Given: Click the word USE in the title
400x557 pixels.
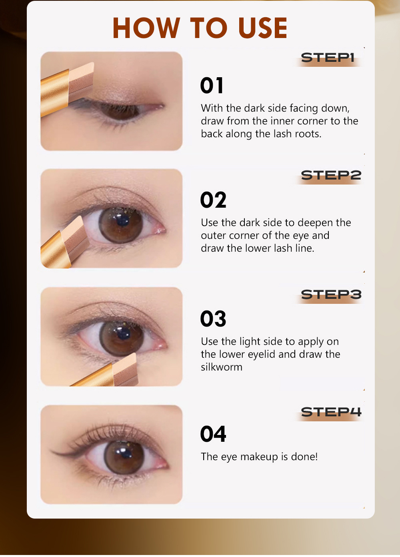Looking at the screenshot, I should click(262, 28).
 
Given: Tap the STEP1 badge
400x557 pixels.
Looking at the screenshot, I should click(328, 58).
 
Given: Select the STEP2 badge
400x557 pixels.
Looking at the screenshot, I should click(331, 175).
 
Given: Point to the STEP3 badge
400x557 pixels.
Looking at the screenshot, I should click(331, 295).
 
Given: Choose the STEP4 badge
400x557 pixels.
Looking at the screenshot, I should click(331, 412).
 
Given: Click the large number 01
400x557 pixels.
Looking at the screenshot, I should click(212, 86).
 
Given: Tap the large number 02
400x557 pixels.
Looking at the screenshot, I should click(213, 200).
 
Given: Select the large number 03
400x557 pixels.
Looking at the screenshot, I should click(213, 319).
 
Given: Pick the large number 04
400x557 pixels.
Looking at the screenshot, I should click(213, 434).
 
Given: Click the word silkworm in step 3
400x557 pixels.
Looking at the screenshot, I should click(221, 367).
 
